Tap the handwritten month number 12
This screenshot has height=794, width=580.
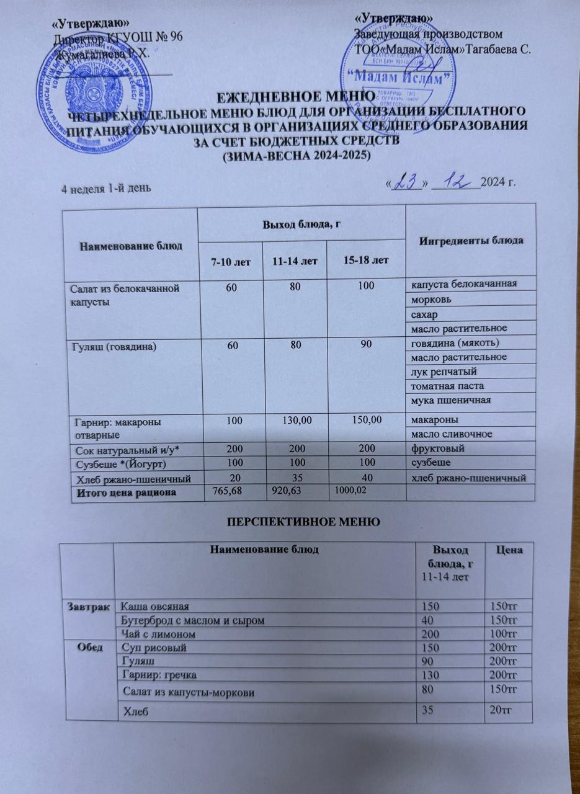(x=462, y=182)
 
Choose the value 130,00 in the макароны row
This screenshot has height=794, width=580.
(x=295, y=420)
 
